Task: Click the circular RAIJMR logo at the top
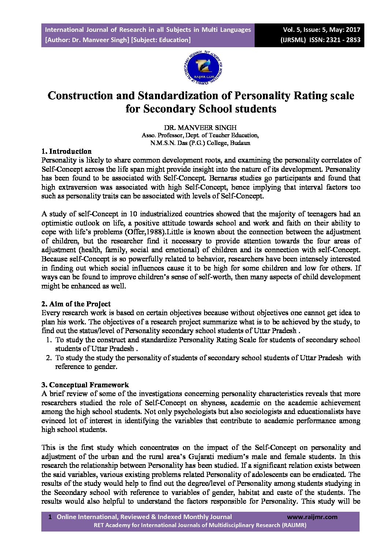[202, 67]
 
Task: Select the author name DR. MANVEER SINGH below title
[200, 128]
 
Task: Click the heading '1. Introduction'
[67, 151]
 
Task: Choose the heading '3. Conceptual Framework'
[85, 385]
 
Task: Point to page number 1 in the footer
[50, 517]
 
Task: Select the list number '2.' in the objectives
[49, 358]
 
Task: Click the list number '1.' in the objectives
[49, 340]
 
